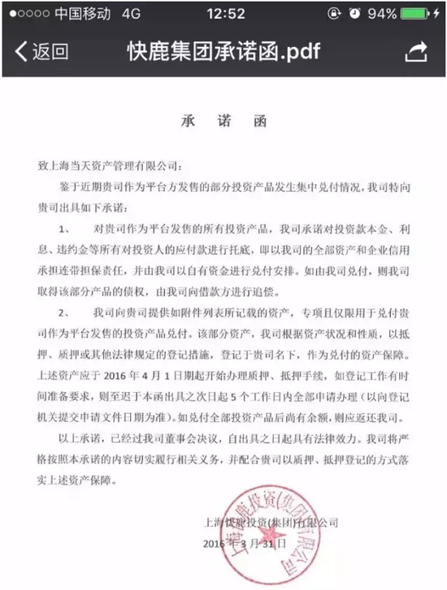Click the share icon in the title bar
(415, 51)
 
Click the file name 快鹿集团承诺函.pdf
(224, 52)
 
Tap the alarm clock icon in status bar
(354, 14)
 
